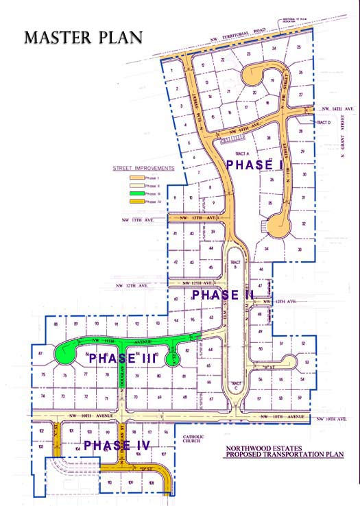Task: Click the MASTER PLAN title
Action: click(83, 36)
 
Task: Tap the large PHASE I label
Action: click(254, 165)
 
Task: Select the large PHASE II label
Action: click(223, 296)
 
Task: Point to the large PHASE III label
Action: click(124, 359)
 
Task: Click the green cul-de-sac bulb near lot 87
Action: click(67, 355)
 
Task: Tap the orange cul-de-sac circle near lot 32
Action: click(279, 223)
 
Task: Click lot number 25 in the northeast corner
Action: click(300, 47)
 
